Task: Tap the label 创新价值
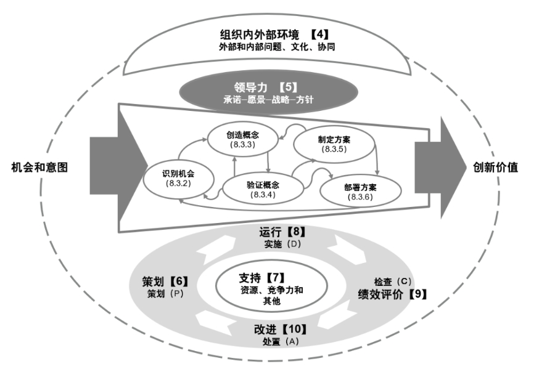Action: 495,167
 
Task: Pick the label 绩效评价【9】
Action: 392,294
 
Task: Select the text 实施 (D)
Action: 282,244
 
